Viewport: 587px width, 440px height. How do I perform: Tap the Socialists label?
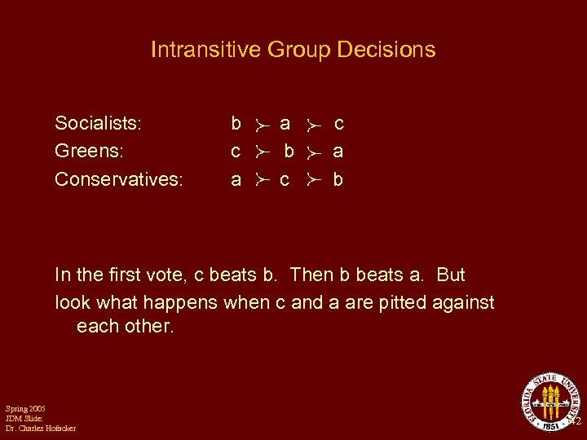(x=98, y=123)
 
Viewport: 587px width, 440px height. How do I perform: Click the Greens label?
(x=87, y=151)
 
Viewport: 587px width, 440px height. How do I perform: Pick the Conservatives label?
(x=118, y=178)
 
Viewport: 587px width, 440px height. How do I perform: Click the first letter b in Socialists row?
(x=236, y=123)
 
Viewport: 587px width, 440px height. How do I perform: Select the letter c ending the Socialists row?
(x=339, y=123)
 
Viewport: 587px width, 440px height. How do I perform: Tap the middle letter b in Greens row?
(x=289, y=151)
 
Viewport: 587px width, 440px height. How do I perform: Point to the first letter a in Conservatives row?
(x=236, y=178)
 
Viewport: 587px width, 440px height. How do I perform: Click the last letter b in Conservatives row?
(x=338, y=178)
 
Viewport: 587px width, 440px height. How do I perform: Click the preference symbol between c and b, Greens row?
(x=261, y=152)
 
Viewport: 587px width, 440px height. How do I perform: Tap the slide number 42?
(x=574, y=423)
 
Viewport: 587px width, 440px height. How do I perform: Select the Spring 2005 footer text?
(x=25, y=408)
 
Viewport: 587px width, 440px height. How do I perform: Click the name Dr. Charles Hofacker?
(x=41, y=429)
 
